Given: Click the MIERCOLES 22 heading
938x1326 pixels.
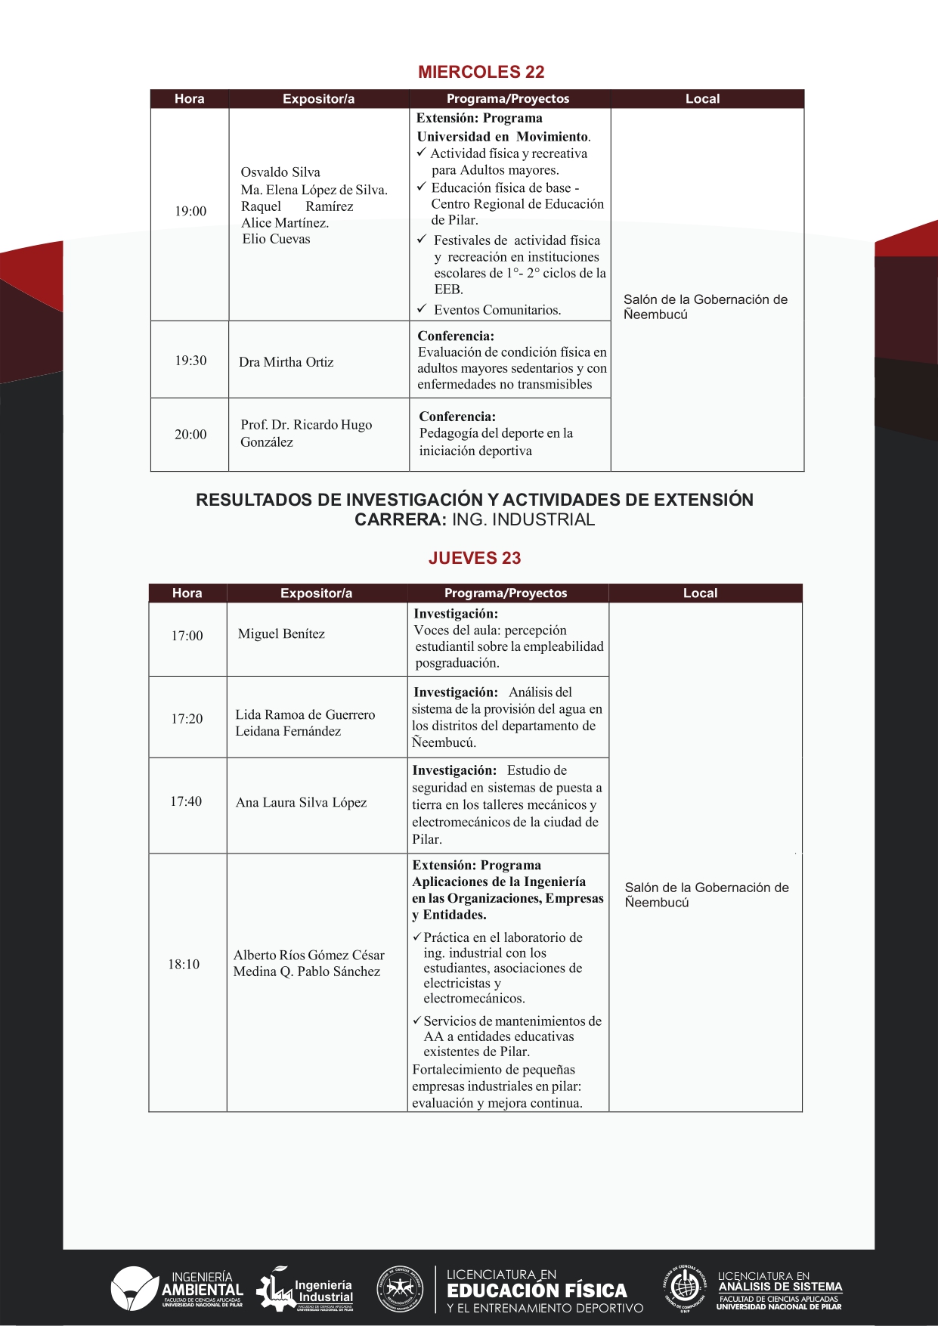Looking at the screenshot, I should [481, 72].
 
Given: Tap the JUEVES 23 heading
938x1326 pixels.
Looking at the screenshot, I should [475, 558].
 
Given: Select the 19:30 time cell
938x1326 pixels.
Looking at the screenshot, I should [190, 361].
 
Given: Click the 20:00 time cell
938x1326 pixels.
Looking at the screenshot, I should [190, 435].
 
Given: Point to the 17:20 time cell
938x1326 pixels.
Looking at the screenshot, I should [187, 719].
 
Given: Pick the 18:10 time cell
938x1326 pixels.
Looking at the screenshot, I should [184, 965].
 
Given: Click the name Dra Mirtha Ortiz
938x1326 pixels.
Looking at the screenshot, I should [286, 362].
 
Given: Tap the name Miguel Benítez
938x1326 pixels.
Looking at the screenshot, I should [281, 634].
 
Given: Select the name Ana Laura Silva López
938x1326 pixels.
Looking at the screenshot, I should [301, 803].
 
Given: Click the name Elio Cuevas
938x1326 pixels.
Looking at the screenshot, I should [276, 239].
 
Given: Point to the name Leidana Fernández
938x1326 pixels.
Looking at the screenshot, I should [288, 731].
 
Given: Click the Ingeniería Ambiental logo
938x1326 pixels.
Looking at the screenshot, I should [177, 1288].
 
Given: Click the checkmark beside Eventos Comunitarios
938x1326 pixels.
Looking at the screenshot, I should [422, 309].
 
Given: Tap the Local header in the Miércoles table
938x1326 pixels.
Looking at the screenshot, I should [702, 99].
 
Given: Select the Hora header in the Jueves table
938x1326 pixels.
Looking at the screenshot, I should [187, 593].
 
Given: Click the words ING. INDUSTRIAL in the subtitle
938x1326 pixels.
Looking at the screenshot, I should [523, 519].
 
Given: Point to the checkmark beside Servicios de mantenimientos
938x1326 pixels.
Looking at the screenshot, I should [416, 1021].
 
